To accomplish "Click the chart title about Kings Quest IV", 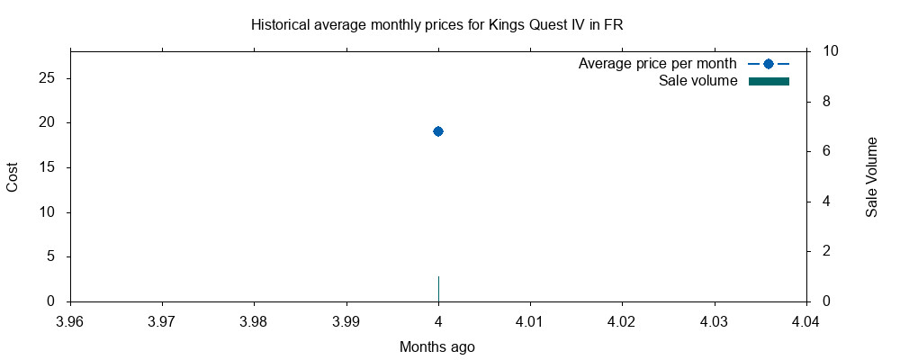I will point(437,25).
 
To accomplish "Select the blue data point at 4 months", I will point(438,131).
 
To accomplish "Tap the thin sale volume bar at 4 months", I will point(438,289).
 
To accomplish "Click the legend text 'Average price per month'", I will point(657,64).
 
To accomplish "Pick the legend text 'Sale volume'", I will point(697,82).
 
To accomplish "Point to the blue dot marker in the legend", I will point(768,64).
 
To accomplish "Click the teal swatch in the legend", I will point(769,82).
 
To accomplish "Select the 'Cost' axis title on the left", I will point(13,177).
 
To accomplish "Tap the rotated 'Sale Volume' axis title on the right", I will point(871,177).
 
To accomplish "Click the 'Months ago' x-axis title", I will point(437,346).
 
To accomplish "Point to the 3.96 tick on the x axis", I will point(70,320).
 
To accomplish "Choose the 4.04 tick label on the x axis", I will point(805,320).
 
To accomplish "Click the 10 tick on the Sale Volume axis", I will point(831,51).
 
